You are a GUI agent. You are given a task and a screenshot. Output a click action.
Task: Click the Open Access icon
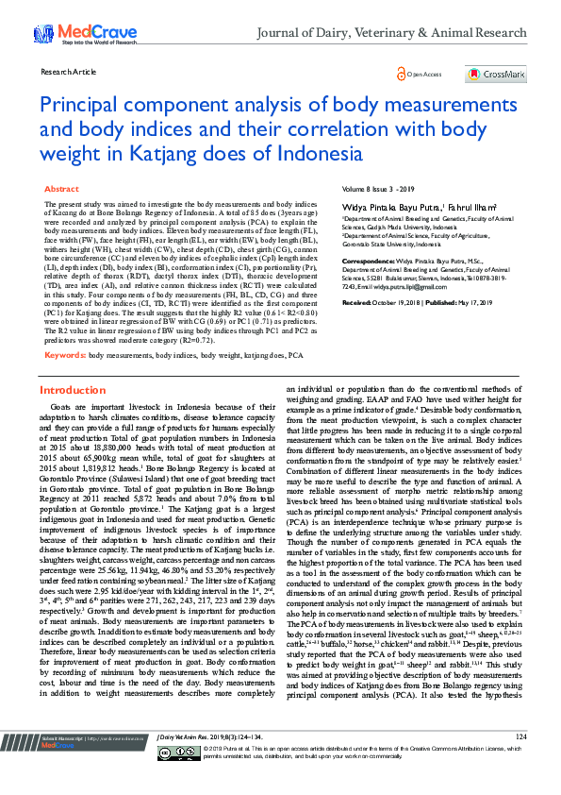(x=402, y=74)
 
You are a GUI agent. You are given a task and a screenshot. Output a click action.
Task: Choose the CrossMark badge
(x=495, y=74)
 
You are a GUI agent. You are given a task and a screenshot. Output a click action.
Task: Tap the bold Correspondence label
(x=370, y=260)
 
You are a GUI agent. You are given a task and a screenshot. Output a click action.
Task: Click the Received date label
(x=357, y=301)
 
